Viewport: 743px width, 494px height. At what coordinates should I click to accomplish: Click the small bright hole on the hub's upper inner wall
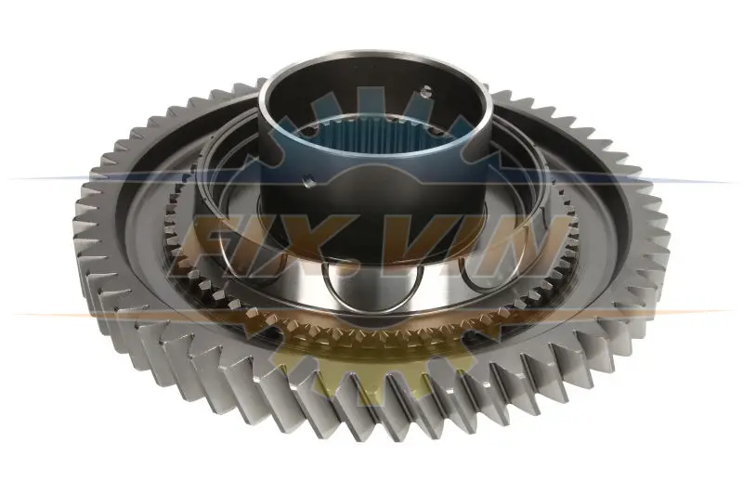pyautogui.click(x=426, y=91)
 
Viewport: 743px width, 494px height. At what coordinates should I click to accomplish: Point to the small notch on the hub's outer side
pyautogui.click(x=309, y=181)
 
